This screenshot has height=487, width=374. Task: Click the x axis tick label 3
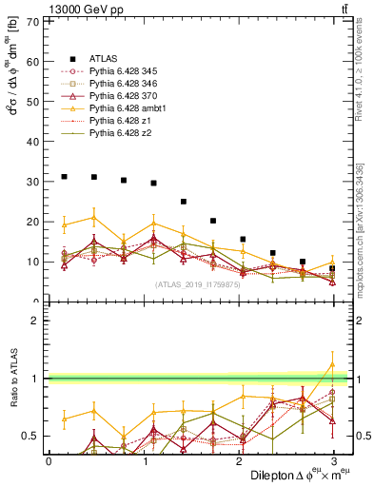tap(333, 460)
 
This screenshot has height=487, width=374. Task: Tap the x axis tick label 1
tap(144, 460)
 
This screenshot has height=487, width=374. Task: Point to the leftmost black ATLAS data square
tap(64, 176)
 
